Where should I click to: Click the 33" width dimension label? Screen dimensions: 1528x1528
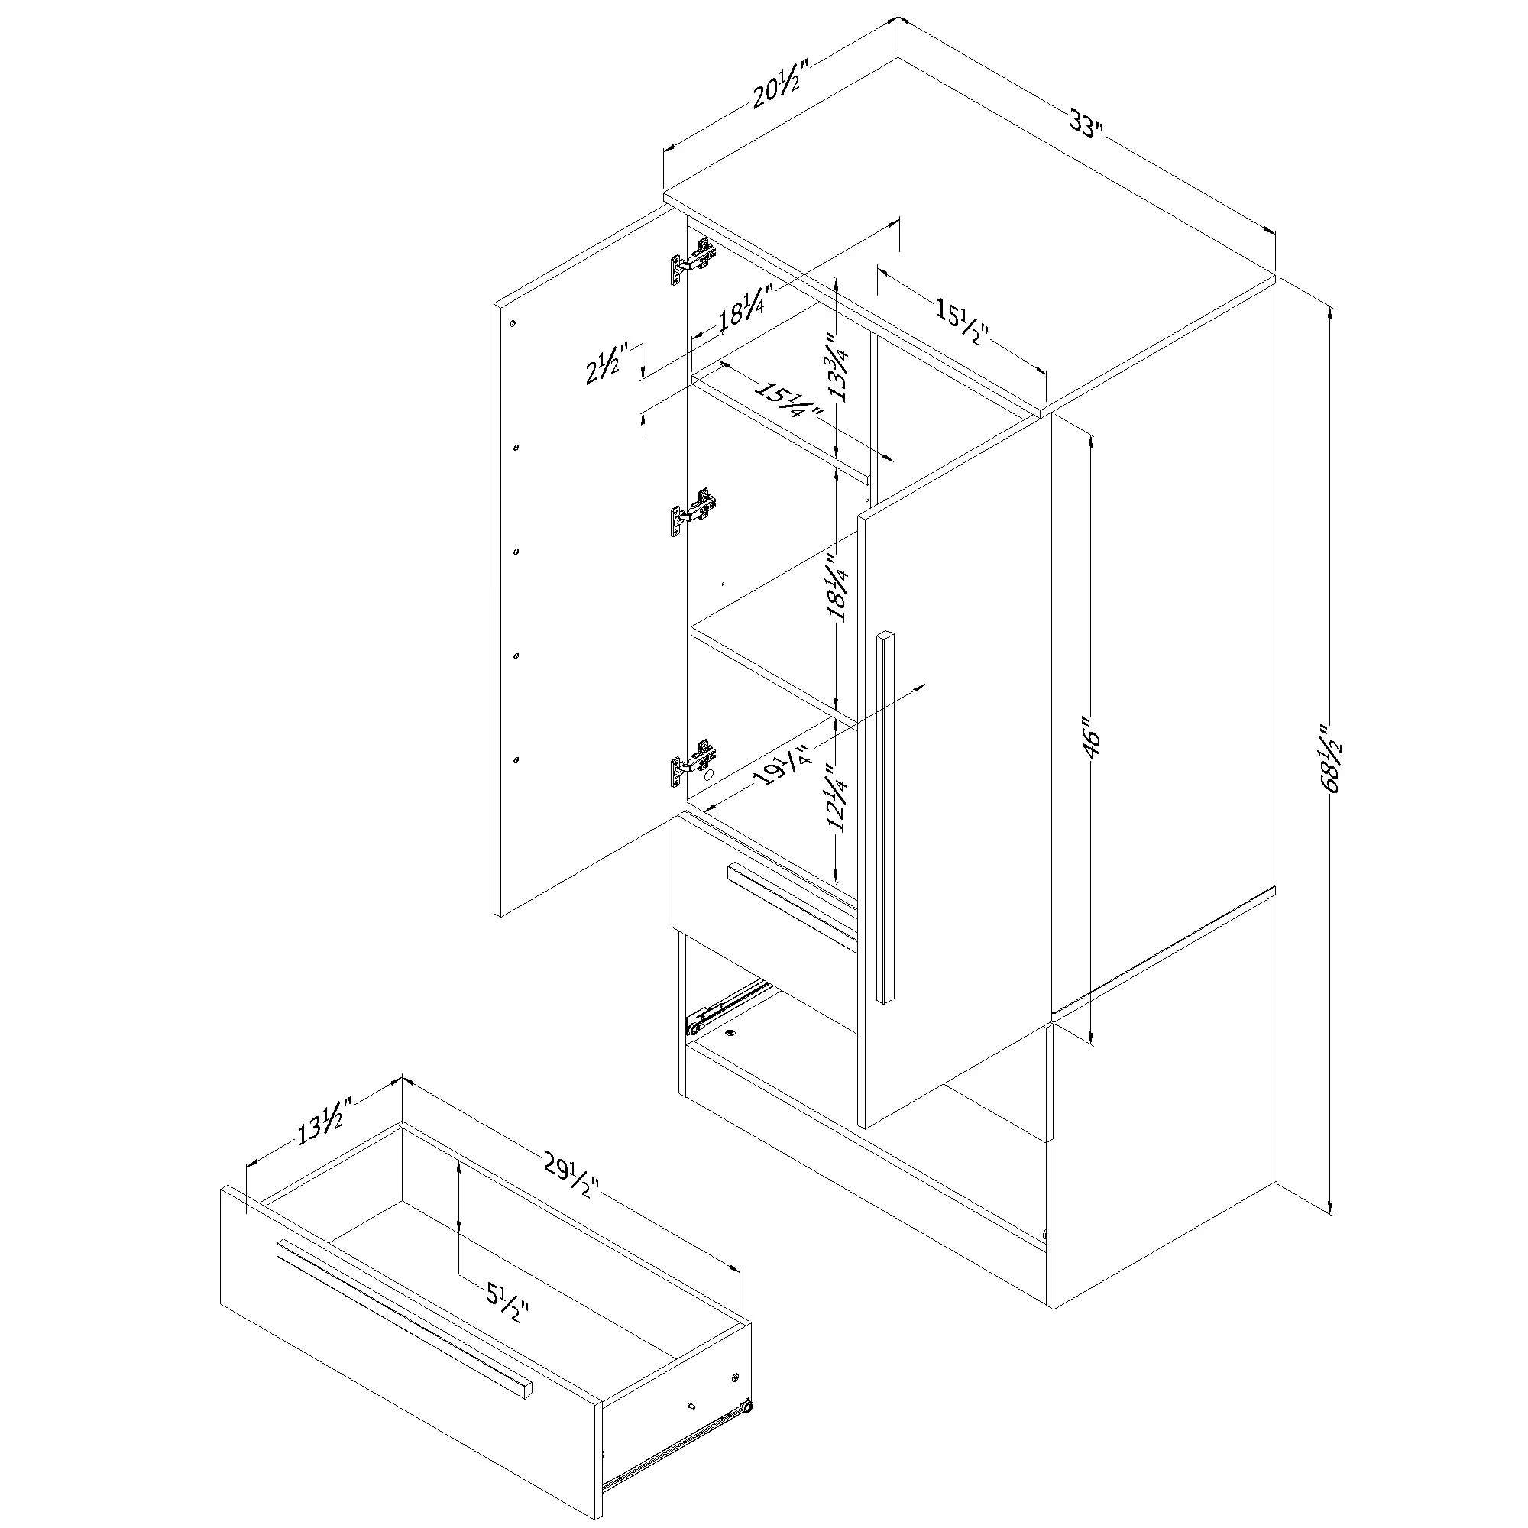coord(1086,125)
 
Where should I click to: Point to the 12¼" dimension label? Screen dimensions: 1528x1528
coord(837,799)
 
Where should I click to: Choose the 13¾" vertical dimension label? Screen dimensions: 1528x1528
coord(837,368)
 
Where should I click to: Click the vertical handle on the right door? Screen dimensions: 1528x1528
coord(885,817)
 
